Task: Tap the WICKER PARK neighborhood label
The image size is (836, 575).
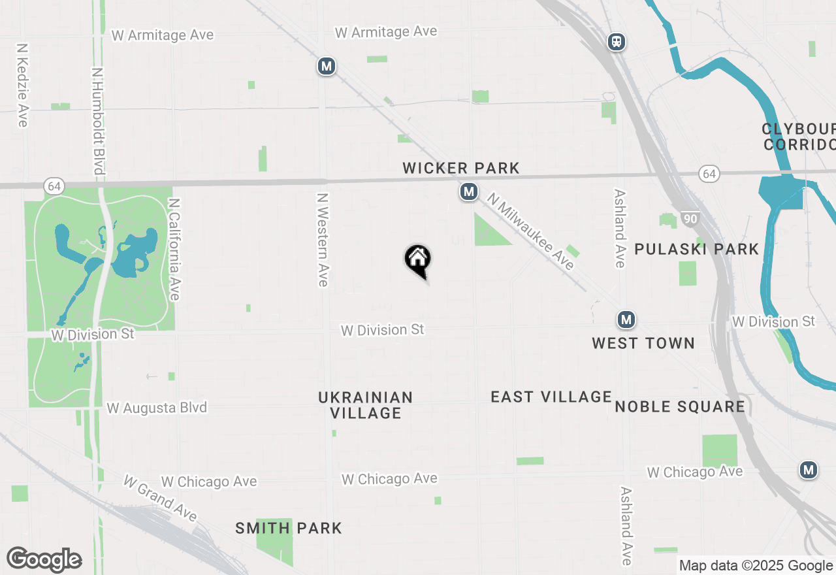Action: pyautogui.click(x=461, y=168)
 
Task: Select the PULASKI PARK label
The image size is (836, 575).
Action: pyautogui.click(x=697, y=249)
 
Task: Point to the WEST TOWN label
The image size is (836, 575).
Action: pyautogui.click(x=643, y=343)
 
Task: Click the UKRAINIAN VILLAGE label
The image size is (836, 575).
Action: pyautogui.click(x=366, y=405)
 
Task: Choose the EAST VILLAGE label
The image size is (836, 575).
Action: pyautogui.click(x=551, y=397)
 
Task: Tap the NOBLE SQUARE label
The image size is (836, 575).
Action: pyautogui.click(x=680, y=406)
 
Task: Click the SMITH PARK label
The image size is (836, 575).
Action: pyautogui.click(x=289, y=528)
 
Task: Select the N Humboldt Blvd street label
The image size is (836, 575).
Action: pyautogui.click(x=98, y=122)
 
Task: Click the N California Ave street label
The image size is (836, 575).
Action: pyautogui.click(x=174, y=250)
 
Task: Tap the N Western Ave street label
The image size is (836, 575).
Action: pyautogui.click(x=322, y=239)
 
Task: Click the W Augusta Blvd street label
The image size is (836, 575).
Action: pyautogui.click(x=157, y=408)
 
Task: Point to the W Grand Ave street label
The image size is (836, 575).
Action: pyautogui.click(x=160, y=498)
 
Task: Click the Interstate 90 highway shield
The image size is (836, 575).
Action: pyautogui.click(x=690, y=218)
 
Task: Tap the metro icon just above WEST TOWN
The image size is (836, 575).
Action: pyautogui.click(x=626, y=320)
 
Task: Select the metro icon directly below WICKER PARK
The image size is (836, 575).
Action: pyautogui.click(x=468, y=191)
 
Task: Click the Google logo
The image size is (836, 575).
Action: pyautogui.click(x=44, y=559)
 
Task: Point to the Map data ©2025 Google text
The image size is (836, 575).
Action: pyautogui.click(x=756, y=566)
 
